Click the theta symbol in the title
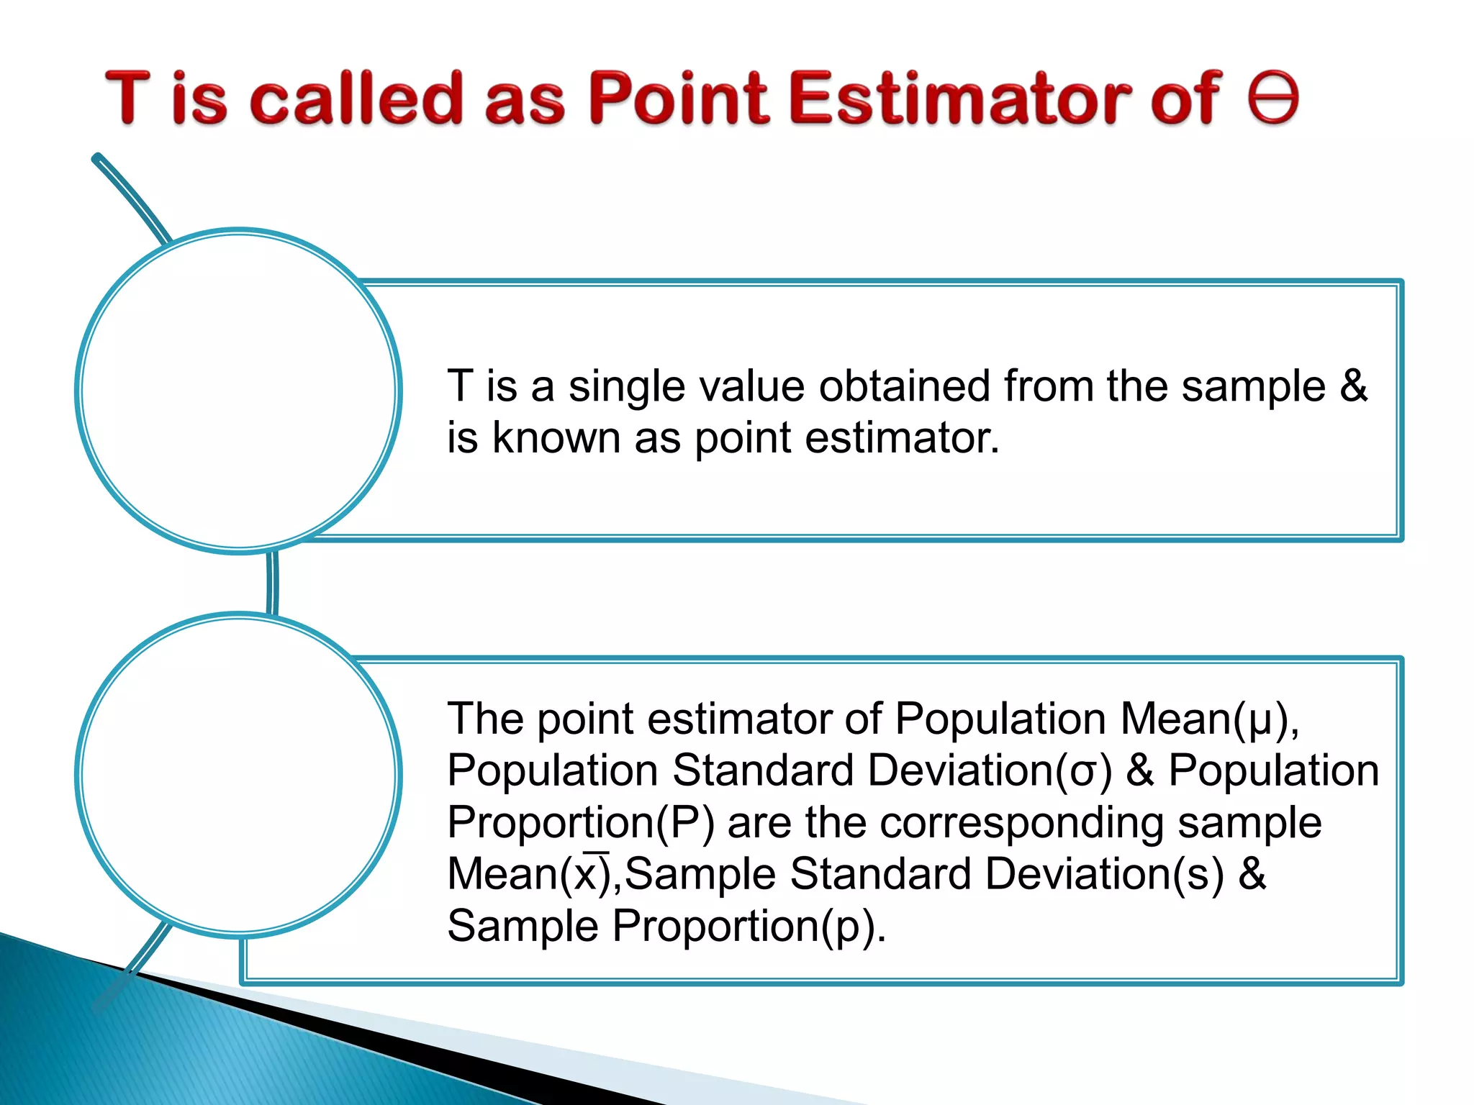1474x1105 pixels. pos(1273,98)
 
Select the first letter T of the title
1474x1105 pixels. pos(128,98)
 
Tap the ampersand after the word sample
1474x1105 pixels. pos(1353,386)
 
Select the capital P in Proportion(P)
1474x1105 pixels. pos(684,823)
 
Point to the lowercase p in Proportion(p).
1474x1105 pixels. pos(848,927)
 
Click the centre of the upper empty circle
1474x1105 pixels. pos(239,391)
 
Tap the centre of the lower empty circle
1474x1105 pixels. pos(239,776)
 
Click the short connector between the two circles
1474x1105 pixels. pos(272,583)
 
